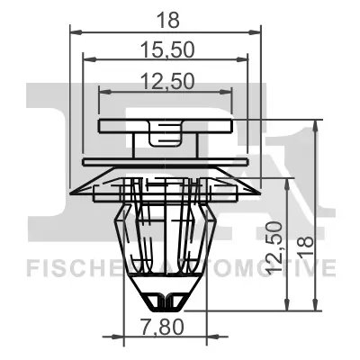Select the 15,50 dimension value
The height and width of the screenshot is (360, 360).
coord(166,49)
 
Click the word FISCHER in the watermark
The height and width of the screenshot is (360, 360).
coord(67,267)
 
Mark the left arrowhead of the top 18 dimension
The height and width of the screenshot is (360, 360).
coord(75,32)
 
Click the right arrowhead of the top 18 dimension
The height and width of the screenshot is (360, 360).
coord(258,32)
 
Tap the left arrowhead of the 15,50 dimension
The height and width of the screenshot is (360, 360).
coord(87,62)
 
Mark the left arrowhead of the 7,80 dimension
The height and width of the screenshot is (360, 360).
coord(126,337)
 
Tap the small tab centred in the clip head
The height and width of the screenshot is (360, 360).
coord(165,137)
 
